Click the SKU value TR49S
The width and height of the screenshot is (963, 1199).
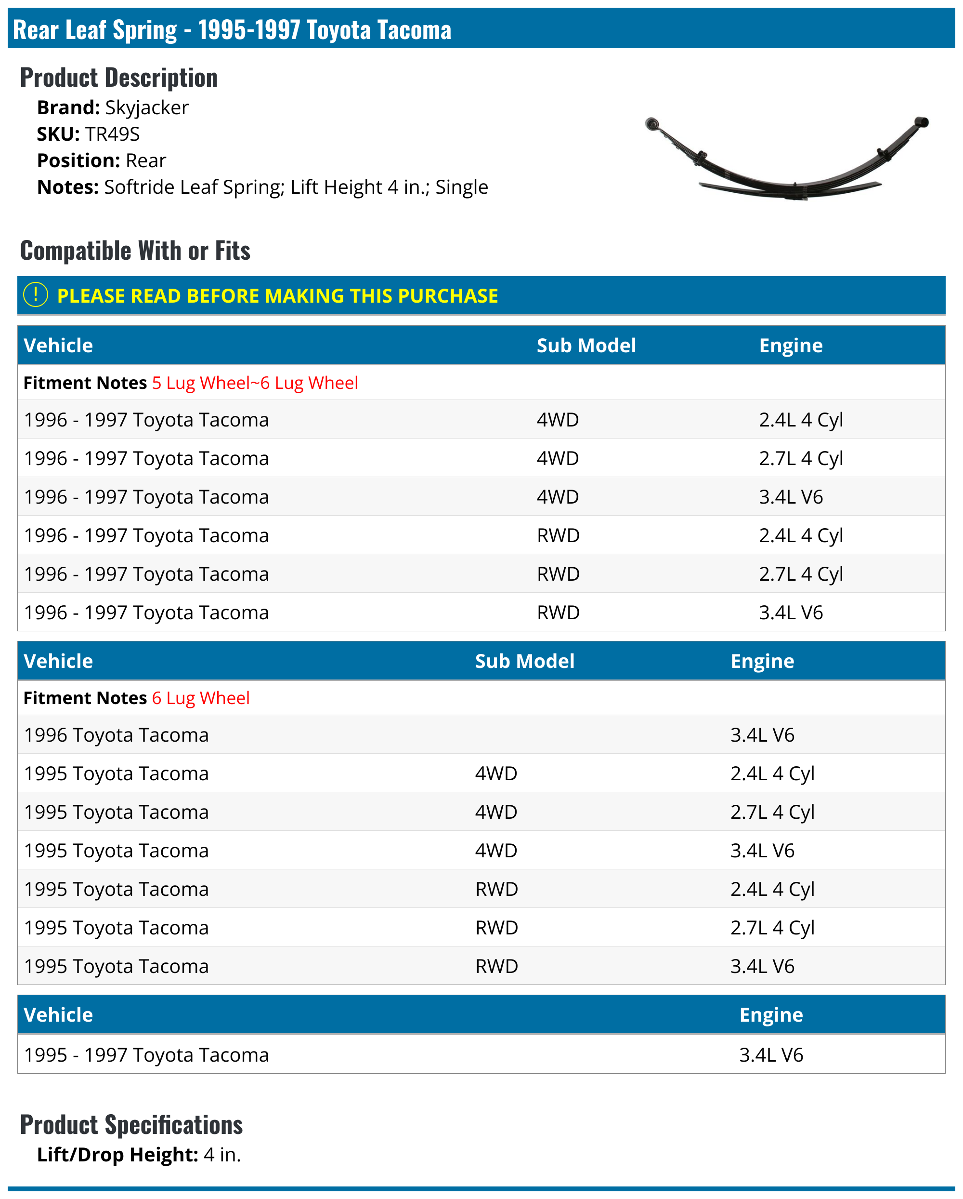112,134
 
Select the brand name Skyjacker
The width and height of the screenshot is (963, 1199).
147,107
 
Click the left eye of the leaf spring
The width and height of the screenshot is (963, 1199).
652,123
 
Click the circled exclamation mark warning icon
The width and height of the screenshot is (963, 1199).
36,295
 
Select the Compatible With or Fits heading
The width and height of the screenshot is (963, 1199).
135,251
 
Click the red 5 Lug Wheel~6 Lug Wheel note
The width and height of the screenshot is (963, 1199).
255,383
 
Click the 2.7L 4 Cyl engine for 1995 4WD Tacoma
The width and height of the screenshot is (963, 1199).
772,812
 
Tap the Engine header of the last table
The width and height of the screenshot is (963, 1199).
771,1015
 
